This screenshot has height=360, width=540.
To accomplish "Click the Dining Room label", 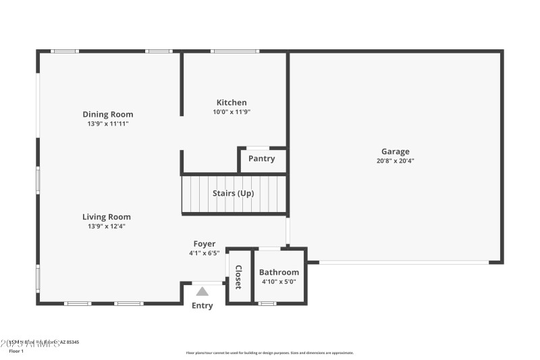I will [108, 114].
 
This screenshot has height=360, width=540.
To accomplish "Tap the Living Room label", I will [107, 217].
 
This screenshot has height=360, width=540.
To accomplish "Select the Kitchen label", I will [232, 103].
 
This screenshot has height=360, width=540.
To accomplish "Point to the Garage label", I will [396, 152].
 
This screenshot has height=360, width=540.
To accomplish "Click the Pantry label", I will [261, 159].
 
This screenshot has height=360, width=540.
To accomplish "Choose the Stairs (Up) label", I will [234, 193].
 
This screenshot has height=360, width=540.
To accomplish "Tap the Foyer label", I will [205, 244].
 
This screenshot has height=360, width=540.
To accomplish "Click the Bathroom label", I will [279, 272].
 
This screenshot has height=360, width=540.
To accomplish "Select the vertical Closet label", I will [238, 276].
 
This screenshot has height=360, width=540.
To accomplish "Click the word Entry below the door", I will [202, 305].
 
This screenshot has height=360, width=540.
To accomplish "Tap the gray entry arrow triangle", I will [202, 292].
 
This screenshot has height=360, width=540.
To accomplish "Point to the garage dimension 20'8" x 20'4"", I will [396, 161].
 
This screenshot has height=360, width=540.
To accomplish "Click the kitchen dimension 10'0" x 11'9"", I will [232, 112].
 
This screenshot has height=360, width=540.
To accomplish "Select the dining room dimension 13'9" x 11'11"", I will [108, 124].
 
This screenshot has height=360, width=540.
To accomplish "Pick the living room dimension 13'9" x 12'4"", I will [107, 226].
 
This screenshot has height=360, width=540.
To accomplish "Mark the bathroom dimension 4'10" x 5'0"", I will [279, 282].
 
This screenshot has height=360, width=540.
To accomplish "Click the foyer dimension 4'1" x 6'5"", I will [205, 253].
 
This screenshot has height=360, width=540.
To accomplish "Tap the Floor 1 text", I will [16, 351].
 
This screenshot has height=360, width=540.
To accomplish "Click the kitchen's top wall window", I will [234, 51].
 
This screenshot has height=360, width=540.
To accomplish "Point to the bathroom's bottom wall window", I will [267, 303].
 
